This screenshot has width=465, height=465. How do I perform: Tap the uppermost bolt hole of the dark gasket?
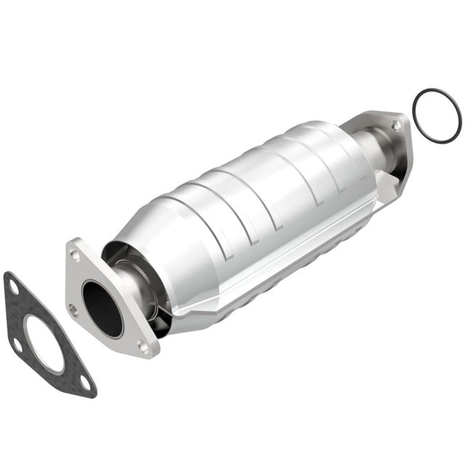[13, 288]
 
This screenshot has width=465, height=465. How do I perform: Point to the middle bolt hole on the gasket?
[16, 341]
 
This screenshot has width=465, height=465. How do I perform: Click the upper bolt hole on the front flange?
[76, 254]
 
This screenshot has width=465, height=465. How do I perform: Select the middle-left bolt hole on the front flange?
[73, 307]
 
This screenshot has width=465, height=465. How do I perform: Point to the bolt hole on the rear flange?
[396, 126]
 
